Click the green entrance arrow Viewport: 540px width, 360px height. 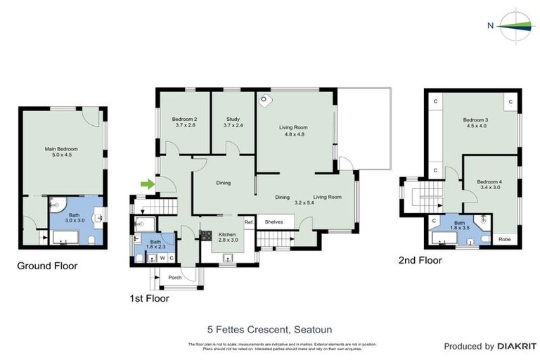pos(147,184)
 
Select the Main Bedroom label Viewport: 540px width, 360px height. pos(61,153)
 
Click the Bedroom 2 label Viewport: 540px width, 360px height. pos(184,122)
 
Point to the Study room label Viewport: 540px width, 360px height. pos(233,122)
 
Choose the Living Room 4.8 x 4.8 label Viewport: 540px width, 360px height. pos(293,130)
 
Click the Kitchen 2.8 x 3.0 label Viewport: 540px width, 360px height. pos(229,236)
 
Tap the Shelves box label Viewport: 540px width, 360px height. pos(274,221)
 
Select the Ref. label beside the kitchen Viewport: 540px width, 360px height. pos(248,222)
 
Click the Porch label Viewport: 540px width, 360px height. pos(174,277)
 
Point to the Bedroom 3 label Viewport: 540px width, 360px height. pos(475,123)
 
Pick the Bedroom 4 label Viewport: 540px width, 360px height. pos(490,184)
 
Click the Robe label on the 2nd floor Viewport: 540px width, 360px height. pos(505,239)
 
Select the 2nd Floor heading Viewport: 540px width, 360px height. pos(420,260)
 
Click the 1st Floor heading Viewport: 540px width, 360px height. pos(149,298)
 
